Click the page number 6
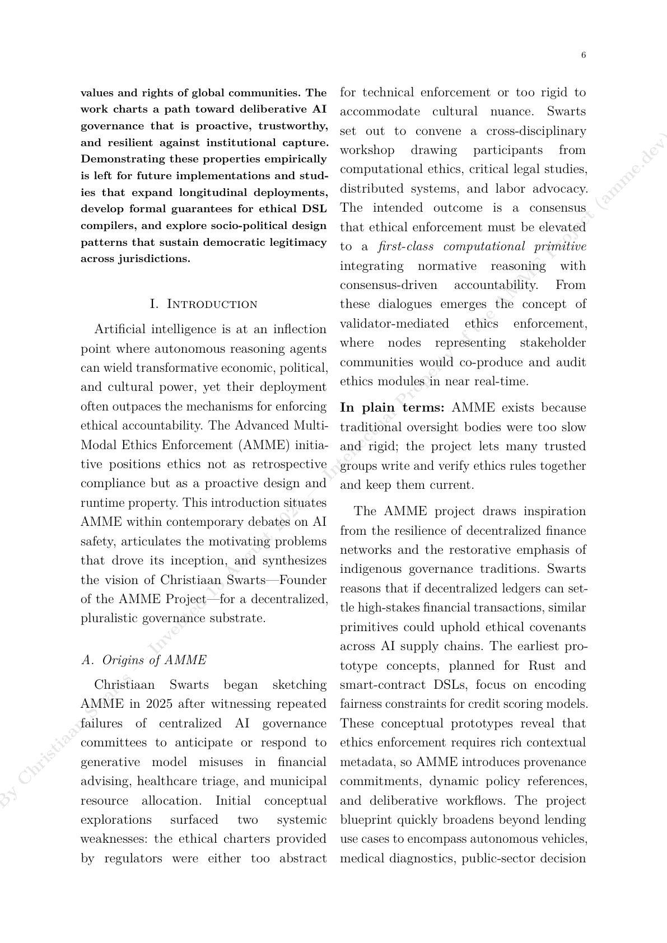tap(584, 55)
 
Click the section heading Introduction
tap(204, 304)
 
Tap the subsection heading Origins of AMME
tap(144, 660)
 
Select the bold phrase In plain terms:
tap(393, 408)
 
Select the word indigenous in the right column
tap(370, 569)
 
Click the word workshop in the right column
tap(367, 150)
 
